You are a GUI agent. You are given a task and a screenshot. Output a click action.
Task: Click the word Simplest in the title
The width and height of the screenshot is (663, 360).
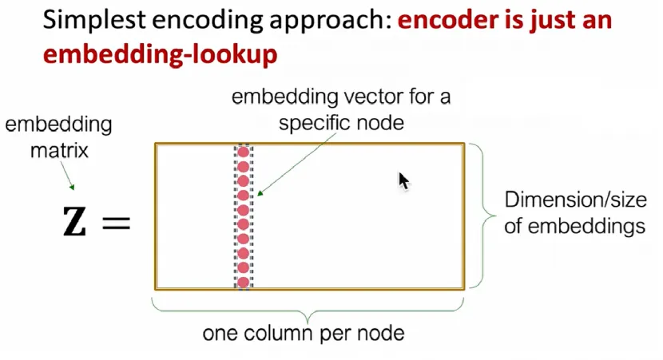[x=94, y=20]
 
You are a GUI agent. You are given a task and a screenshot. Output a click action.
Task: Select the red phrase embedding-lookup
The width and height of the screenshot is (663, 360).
[x=161, y=55]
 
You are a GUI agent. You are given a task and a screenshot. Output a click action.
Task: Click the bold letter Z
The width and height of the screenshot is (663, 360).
[x=75, y=222]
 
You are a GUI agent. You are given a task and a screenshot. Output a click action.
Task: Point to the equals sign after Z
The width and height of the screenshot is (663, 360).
[x=117, y=223]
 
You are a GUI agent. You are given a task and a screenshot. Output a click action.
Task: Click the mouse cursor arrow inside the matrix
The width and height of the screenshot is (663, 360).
[x=404, y=181]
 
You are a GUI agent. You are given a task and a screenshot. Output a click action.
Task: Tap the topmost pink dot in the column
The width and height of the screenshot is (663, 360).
[x=243, y=152]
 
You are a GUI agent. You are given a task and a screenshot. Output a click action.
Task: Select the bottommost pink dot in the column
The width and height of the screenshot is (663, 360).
[x=243, y=282]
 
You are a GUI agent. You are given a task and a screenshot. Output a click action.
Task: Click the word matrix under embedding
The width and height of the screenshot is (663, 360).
[x=59, y=150]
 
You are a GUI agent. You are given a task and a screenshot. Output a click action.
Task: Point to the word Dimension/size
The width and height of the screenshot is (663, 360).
[x=575, y=200]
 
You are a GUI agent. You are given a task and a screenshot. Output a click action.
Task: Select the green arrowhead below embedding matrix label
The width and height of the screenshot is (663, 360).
[x=72, y=187]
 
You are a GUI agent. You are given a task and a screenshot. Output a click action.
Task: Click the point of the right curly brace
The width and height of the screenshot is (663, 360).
[x=495, y=216]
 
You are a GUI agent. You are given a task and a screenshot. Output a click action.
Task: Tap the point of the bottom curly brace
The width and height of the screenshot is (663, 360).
[x=308, y=322]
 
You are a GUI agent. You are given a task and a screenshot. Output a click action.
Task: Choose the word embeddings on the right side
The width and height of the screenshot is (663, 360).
[x=586, y=227]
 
